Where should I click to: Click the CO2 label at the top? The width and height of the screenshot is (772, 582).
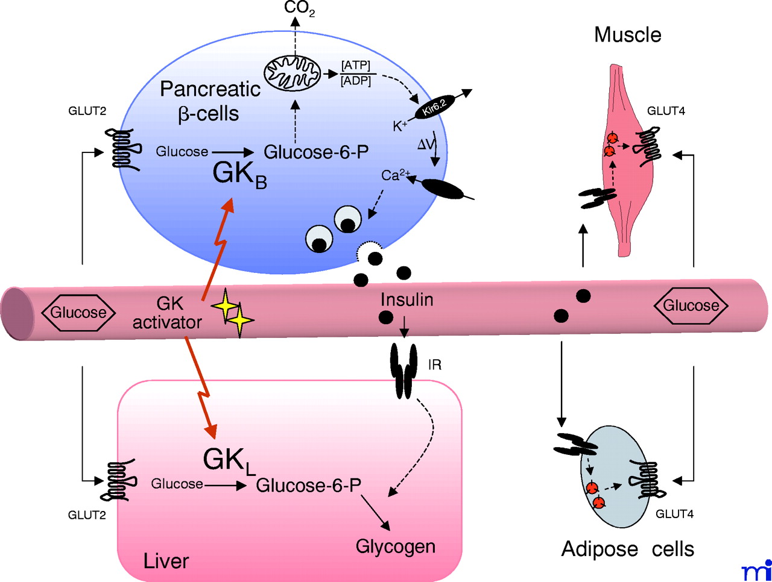(299, 8)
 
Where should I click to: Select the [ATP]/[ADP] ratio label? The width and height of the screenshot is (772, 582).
(356, 73)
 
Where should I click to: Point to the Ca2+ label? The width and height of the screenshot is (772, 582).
(395, 175)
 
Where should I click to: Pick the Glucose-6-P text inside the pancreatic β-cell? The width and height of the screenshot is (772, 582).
(316, 152)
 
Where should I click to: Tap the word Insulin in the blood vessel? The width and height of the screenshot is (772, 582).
(407, 299)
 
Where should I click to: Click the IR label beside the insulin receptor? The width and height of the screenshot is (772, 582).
(434, 365)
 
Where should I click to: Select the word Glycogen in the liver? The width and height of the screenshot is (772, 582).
(395, 546)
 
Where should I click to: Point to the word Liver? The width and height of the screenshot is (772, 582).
(166, 561)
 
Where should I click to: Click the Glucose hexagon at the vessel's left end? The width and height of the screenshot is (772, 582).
(78, 313)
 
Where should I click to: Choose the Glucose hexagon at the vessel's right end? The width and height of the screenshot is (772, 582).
(691, 305)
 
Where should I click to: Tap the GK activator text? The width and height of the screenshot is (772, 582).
(167, 313)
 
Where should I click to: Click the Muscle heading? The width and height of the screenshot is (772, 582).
(627, 34)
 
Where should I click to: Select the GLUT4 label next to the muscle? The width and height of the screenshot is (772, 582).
(666, 111)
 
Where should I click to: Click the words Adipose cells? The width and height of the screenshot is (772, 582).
(627, 549)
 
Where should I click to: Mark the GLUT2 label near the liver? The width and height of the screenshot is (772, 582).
(87, 515)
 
